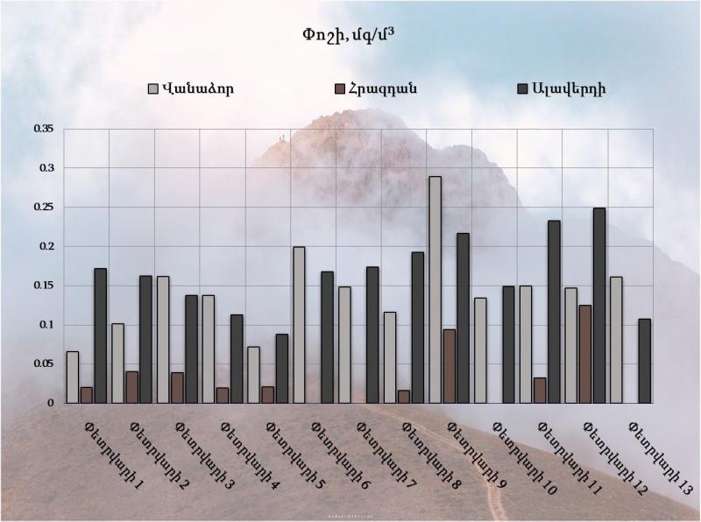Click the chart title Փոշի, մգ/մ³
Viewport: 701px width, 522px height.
pos(350,36)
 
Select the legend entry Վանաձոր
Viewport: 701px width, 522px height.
pos(196,88)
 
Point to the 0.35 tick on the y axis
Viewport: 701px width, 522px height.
pos(44,129)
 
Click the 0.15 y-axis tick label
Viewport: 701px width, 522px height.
pos(44,286)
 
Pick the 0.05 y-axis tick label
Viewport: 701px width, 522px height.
pos(44,363)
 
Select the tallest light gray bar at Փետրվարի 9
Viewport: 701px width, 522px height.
pos(435,289)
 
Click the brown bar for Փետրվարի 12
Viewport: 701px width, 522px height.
pos(585,354)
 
